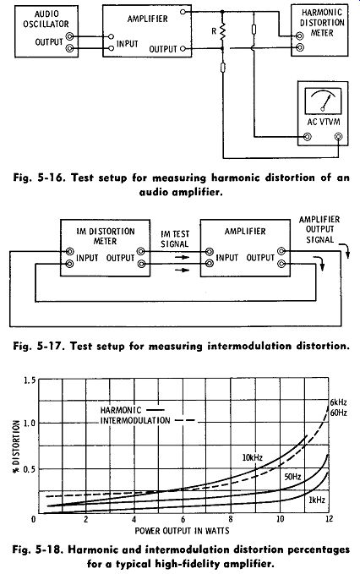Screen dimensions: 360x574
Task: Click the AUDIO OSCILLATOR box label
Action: click(46, 19)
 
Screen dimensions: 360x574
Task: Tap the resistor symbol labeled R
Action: click(222, 31)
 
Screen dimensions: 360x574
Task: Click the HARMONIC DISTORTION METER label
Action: click(322, 23)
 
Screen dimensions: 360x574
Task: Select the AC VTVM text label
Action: click(323, 122)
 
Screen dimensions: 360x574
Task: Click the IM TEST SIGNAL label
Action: click(175, 238)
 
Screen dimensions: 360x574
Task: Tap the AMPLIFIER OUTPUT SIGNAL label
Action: click(319, 230)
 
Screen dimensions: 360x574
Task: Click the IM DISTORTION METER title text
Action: click(106, 236)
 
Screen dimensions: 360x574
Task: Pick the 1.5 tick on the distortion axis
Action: click(30, 380)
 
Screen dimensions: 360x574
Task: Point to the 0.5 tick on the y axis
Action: click(30, 469)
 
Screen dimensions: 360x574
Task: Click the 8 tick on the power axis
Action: click(231, 519)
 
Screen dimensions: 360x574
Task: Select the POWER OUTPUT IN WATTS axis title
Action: click(183, 530)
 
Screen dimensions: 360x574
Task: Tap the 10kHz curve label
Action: click(253, 457)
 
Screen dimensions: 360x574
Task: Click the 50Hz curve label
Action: click(292, 477)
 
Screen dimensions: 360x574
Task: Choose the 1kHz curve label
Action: click(317, 500)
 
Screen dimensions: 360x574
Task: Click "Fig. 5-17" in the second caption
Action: click(38, 346)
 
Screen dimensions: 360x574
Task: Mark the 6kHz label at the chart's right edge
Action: click(338, 402)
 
